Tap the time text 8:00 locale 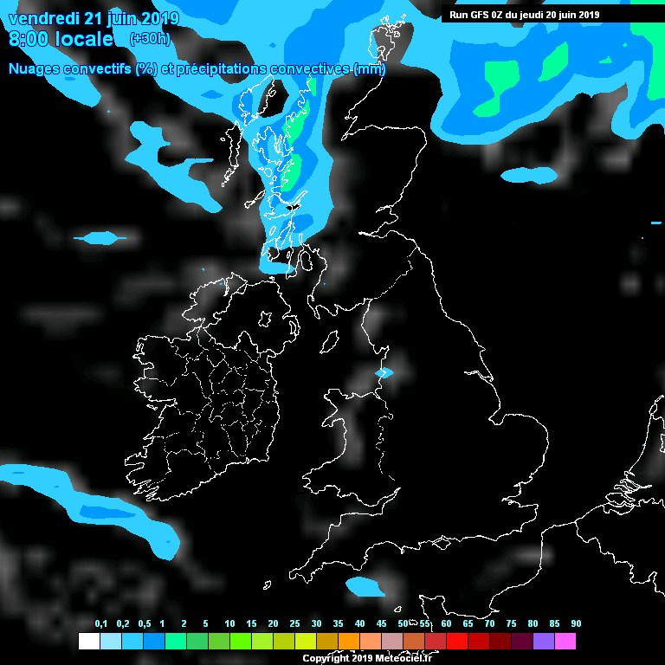pyautogui.click(x=61, y=40)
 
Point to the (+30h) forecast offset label pyautogui.click(x=149, y=39)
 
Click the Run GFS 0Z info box pyautogui.click(x=525, y=15)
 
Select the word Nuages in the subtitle pyautogui.click(x=35, y=69)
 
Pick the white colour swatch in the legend pyautogui.click(x=88, y=641)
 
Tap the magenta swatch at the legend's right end pyautogui.click(x=565, y=641)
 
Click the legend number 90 pyautogui.click(x=576, y=624)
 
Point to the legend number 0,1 pyautogui.click(x=100, y=624)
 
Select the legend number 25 pyautogui.click(x=294, y=624)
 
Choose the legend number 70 pyautogui.click(x=489, y=624)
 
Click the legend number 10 pyautogui.click(x=229, y=624)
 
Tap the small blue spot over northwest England pyautogui.click(x=384, y=372)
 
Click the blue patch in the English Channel pyautogui.click(x=365, y=586)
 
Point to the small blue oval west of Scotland pyautogui.click(x=99, y=237)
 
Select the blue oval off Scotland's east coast pyautogui.click(x=528, y=175)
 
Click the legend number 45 pyautogui.click(x=382, y=624)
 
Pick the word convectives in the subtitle pyautogui.click(x=308, y=69)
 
